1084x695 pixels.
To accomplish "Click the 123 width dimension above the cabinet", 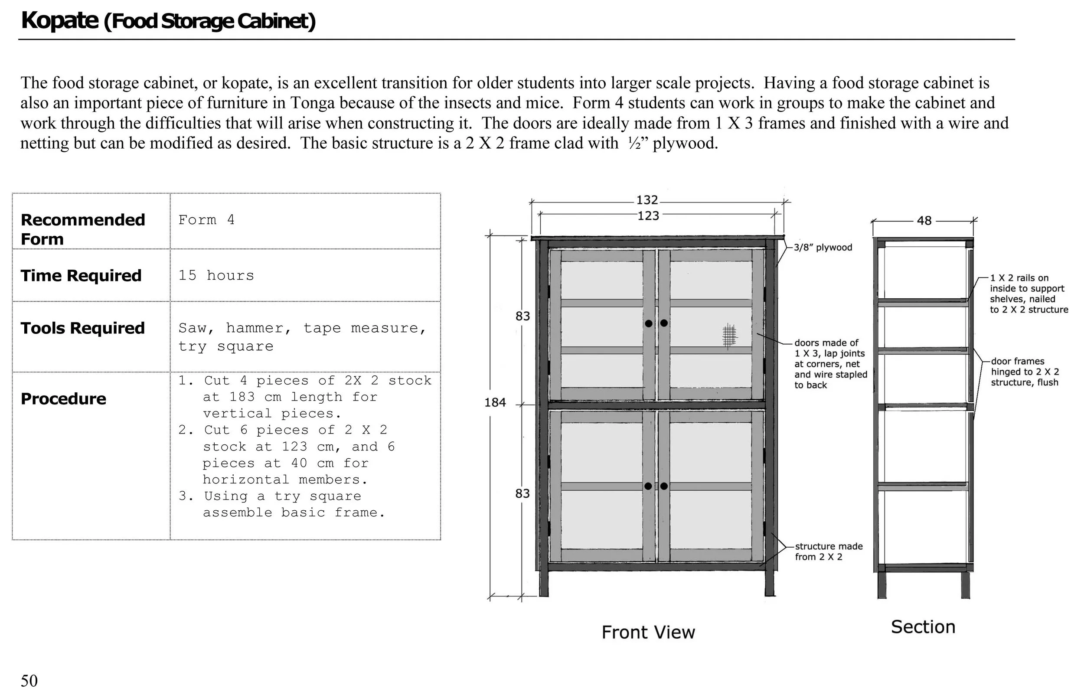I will point(648,216).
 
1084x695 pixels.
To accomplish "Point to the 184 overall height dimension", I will point(495,402).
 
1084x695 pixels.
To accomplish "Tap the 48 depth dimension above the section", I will point(924,221).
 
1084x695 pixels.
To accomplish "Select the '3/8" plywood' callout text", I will point(823,247).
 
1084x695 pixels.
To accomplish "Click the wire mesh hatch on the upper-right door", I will point(729,336).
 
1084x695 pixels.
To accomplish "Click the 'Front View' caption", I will point(648,632).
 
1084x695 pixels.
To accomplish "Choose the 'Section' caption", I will point(923,627).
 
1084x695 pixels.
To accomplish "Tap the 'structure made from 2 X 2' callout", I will point(829,551).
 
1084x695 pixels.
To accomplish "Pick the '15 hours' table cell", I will point(216,275).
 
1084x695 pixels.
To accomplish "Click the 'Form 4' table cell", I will point(206,220).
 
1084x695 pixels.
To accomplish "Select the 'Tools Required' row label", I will point(82,328).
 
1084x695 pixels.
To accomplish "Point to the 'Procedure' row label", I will point(64,399).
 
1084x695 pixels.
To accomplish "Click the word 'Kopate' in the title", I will point(59,20).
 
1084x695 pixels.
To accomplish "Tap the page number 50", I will point(29,681).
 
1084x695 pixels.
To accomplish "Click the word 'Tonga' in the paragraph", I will point(312,103).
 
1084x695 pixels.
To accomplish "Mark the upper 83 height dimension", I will point(522,316).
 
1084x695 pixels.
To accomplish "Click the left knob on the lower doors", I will point(648,486).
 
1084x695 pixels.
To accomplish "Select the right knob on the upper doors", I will point(664,323).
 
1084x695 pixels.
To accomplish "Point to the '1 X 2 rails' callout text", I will point(1028,294).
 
